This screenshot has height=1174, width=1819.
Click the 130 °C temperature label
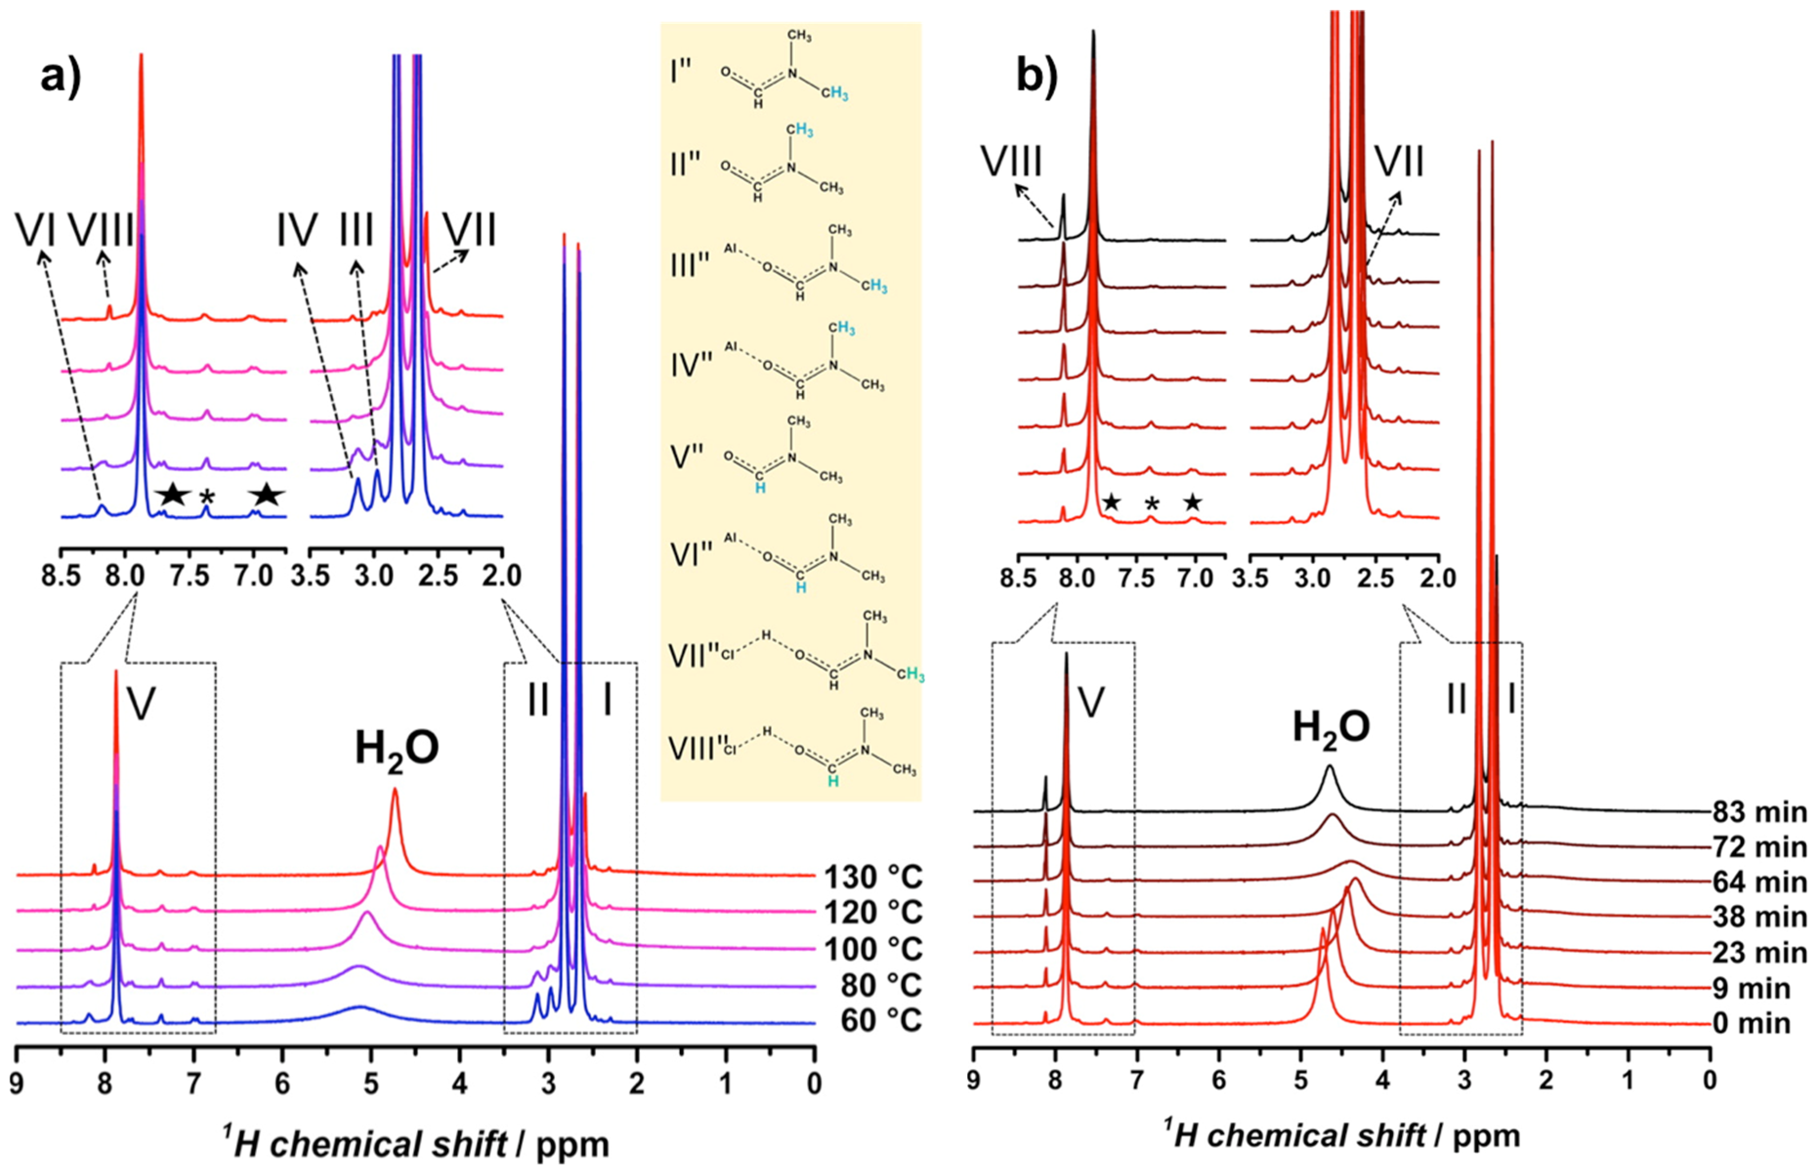tap(873, 878)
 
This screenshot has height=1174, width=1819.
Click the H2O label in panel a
tap(397, 750)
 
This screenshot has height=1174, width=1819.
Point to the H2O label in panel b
tap(1331, 729)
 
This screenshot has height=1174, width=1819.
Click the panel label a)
tap(61, 79)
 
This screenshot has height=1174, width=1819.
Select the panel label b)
tap(1037, 79)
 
